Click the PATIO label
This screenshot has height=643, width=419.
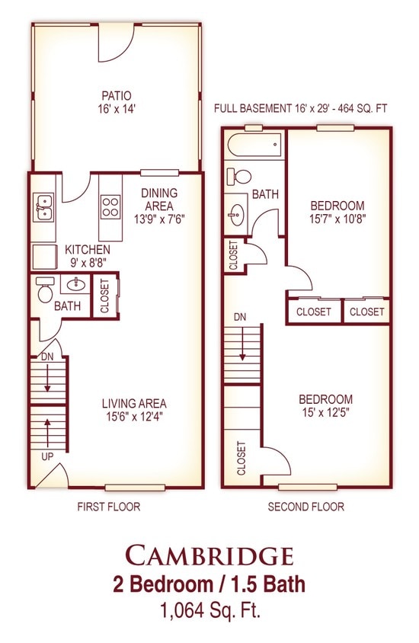coord(117,96)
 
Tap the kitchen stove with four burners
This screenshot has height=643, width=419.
coord(110,206)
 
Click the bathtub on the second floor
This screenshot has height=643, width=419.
coord(254,144)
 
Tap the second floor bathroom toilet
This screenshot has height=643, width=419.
coord(238,176)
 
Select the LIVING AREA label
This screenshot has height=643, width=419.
coord(134,404)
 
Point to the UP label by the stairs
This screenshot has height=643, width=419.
coord(47,456)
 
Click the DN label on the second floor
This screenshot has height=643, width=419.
coord(240,317)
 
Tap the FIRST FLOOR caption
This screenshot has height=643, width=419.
coord(109,507)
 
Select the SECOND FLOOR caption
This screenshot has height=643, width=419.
coord(305,507)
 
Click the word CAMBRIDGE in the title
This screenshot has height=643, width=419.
coord(209,555)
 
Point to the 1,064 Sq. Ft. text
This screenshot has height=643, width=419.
coord(211,612)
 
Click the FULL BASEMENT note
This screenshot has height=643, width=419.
coord(301,109)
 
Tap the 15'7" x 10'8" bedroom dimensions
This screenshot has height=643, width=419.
coord(337,219)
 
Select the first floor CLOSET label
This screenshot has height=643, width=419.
coord(104,296)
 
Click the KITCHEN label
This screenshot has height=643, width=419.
coord(88,249)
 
